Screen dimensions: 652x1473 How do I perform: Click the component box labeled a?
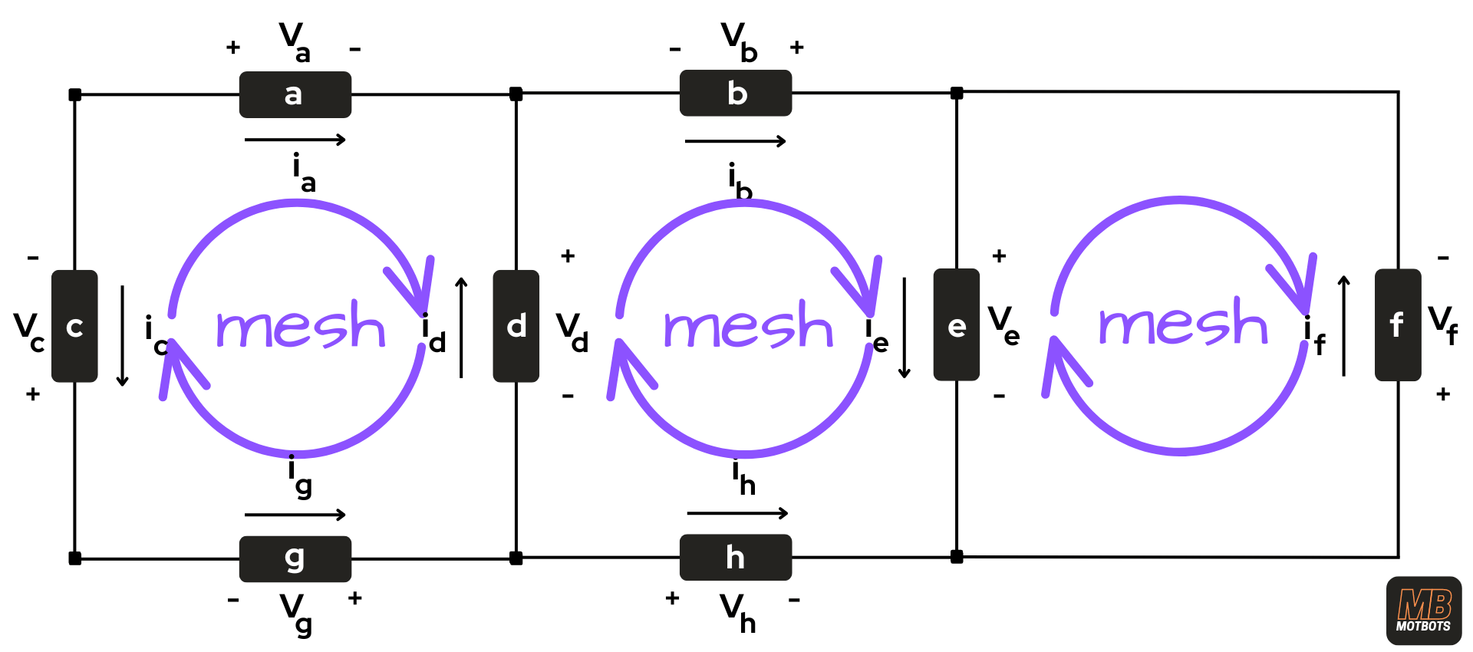point(295,94)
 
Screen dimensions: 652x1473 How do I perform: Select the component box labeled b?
point(735,93)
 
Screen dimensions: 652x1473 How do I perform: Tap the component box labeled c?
point(74,326)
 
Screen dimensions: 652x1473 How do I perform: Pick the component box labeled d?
point(516,326)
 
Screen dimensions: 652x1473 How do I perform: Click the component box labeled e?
point(956,324)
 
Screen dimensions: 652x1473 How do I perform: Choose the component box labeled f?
point(1397,324)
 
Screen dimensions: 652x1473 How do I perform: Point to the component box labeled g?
point(295,558)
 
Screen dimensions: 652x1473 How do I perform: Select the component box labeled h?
point(735,557)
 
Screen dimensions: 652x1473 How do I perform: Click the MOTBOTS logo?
point(1423,611)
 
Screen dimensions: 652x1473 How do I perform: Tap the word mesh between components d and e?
point(748,326)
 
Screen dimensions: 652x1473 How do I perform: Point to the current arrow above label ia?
point(295,140)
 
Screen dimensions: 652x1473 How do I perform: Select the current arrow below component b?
point(735,141)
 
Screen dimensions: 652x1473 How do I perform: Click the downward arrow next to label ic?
point(122,336)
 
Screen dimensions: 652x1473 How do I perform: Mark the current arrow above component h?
point(737,512)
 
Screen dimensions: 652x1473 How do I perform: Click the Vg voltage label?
point(296,614)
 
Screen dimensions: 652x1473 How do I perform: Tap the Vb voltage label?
point(738,41)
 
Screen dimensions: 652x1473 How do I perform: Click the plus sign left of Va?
point(233,48)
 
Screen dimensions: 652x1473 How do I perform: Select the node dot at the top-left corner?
point(74,95)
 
